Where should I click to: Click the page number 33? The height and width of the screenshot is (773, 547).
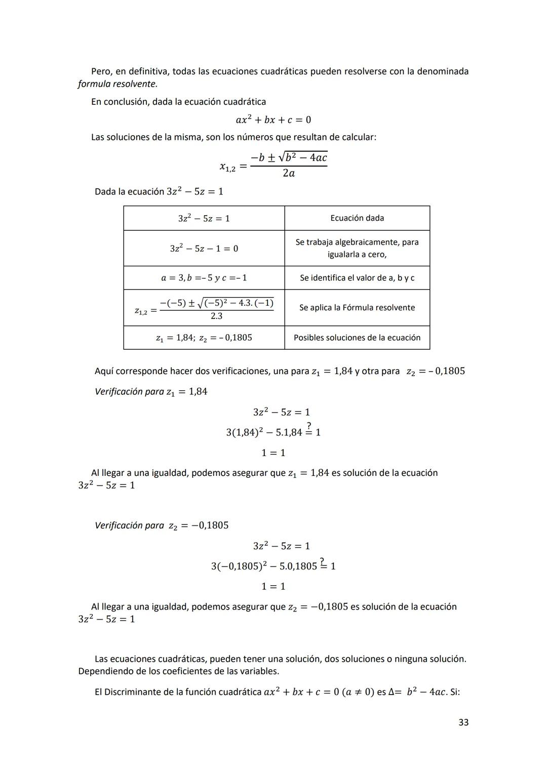(463, 722)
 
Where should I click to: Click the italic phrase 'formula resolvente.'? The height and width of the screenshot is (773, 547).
(118, 84)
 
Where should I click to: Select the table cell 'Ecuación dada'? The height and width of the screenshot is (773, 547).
(357, 218)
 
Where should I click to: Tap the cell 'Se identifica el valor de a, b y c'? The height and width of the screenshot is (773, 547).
(357, 278)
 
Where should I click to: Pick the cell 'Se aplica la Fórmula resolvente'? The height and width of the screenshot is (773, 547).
(357, 308)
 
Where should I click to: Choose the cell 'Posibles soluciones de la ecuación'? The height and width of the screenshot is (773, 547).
(357, 338)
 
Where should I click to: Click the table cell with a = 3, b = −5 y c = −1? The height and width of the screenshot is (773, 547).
(204, 278)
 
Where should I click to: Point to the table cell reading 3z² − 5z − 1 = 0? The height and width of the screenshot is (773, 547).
(204, 249)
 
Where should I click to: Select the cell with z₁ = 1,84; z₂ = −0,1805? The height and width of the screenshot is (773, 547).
(204, 338)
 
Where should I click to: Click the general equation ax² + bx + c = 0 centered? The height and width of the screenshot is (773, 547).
(273, 120)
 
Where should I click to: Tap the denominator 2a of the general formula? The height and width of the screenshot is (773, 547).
(289, 174)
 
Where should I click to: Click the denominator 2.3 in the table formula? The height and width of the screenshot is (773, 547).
(216, 316)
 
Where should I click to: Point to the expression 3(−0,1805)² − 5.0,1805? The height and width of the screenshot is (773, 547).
(264, 566)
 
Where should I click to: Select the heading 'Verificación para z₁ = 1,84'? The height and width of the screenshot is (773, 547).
(151, 392)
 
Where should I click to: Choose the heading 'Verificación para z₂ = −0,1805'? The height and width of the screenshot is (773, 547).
(162, 525)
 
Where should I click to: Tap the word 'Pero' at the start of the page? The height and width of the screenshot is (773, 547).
(101, 71)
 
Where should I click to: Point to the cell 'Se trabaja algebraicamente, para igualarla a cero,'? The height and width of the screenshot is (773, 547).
(357, 249)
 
